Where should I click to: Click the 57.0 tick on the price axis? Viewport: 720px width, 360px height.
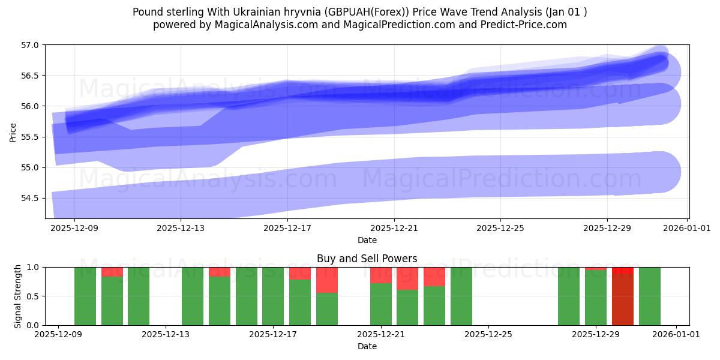pos(30,45)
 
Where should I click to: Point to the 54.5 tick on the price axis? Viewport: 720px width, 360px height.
pos(30,198)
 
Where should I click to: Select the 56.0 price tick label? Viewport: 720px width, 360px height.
pos(30,106)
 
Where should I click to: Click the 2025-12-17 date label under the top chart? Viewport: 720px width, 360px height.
pos(287,228)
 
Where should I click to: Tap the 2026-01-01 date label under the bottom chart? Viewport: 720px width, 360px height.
pos(677,335)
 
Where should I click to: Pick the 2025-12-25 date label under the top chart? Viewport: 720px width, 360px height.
pos(500,228)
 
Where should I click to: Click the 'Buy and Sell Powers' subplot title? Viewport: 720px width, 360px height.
pos(367,259)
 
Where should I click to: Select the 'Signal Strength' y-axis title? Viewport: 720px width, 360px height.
pos(18,296)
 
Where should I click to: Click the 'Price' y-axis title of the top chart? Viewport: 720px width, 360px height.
pos(13,132)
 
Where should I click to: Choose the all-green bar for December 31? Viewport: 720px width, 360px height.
pos(649,296)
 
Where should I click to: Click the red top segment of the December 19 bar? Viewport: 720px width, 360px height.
pos(327,280)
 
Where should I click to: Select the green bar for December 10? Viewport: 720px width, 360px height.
pos(85,296)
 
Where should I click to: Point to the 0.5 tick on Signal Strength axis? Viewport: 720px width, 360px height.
pos(34,296)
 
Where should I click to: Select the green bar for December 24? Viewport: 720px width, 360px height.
pos(461,296)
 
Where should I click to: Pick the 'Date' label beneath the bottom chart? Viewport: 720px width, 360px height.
pos(367,346)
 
